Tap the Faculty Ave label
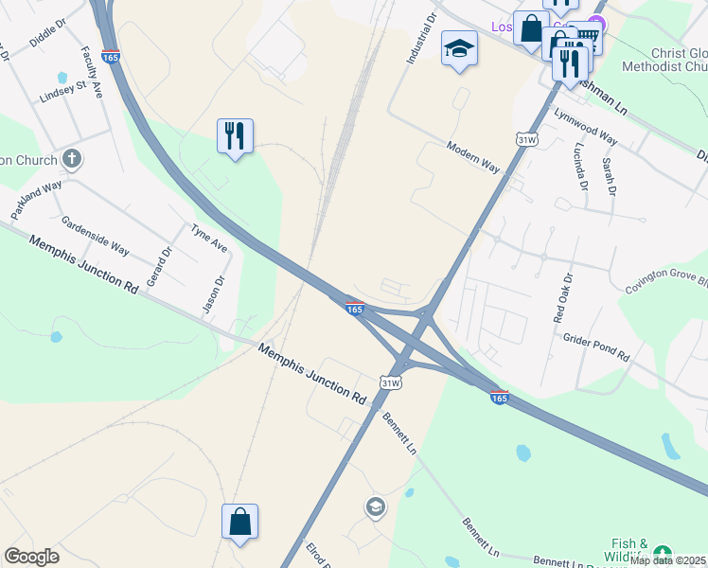(92, 72)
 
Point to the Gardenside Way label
(95, 236)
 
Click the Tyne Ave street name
(209, 238)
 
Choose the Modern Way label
(473, 157)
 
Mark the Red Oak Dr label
(565, 299)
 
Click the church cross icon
(71, 158)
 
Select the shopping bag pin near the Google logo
(239, 521)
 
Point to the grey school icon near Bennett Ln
(375, 507)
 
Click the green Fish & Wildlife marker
(663, 552)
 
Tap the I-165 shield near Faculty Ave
(110, 57)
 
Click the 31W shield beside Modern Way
(527, 139)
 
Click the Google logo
(32, 557)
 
